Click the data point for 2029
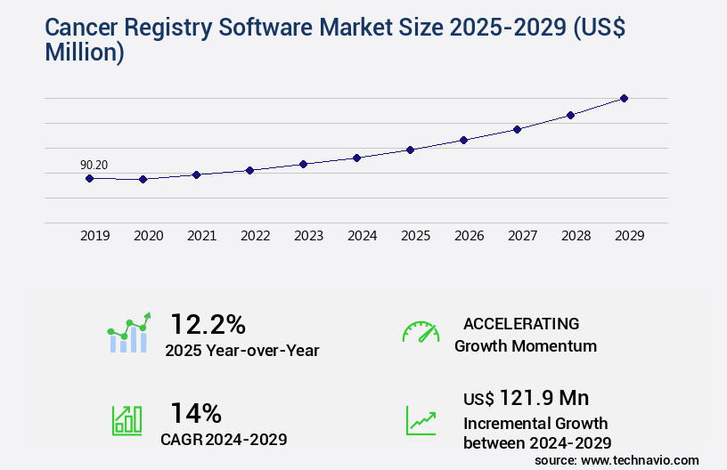tap(624, 98)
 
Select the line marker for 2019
tap(89, 178)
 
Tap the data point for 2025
tap(410, 150)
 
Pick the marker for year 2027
tap(517, 129)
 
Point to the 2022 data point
tap(249, 170)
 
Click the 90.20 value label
tap(94, 165)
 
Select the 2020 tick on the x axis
tap(148, 236)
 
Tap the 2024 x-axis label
tap(362, 236)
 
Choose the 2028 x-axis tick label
tap(576, 236)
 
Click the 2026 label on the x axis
tap(469, 236)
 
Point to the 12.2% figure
tap(208, 324)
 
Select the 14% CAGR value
tap(196, 413)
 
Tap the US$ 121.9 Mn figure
tap(526, 398)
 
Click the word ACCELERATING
tap(521, 323)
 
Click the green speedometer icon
tap(421, 332)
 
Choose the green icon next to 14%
tap(127, 420)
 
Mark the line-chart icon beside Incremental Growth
tap(421, 420)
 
